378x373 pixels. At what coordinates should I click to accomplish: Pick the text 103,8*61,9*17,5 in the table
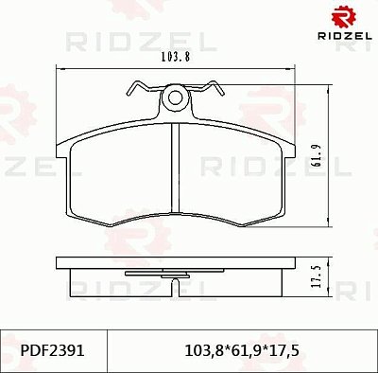[243, 349]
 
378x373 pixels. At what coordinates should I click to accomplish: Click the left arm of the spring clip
[142, 89]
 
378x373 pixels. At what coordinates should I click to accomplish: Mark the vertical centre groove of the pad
[172, 170]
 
